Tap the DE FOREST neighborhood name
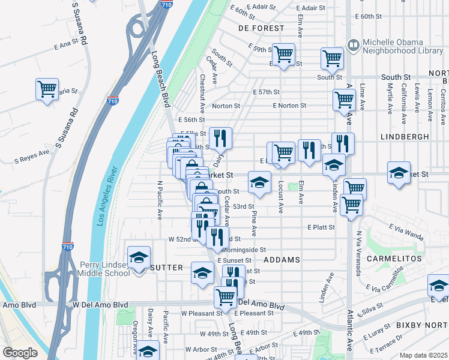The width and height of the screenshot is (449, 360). point(261,28)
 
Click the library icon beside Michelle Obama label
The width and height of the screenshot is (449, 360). point(354,44)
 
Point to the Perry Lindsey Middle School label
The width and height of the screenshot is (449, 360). point(105,269)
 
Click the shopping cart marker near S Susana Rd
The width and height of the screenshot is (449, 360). point(47,89)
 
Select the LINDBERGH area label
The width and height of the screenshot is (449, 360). point(408,137)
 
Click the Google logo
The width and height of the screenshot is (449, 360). point(20,353)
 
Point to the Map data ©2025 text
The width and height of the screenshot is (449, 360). point(423,355)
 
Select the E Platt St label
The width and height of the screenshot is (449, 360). point(321,227)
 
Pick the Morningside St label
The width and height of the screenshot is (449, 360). point(243,250)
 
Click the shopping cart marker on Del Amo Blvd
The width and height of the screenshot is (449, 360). point(226,296)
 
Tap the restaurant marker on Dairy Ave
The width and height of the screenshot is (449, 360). point(221,139)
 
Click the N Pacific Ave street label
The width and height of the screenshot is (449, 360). point(160,200)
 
